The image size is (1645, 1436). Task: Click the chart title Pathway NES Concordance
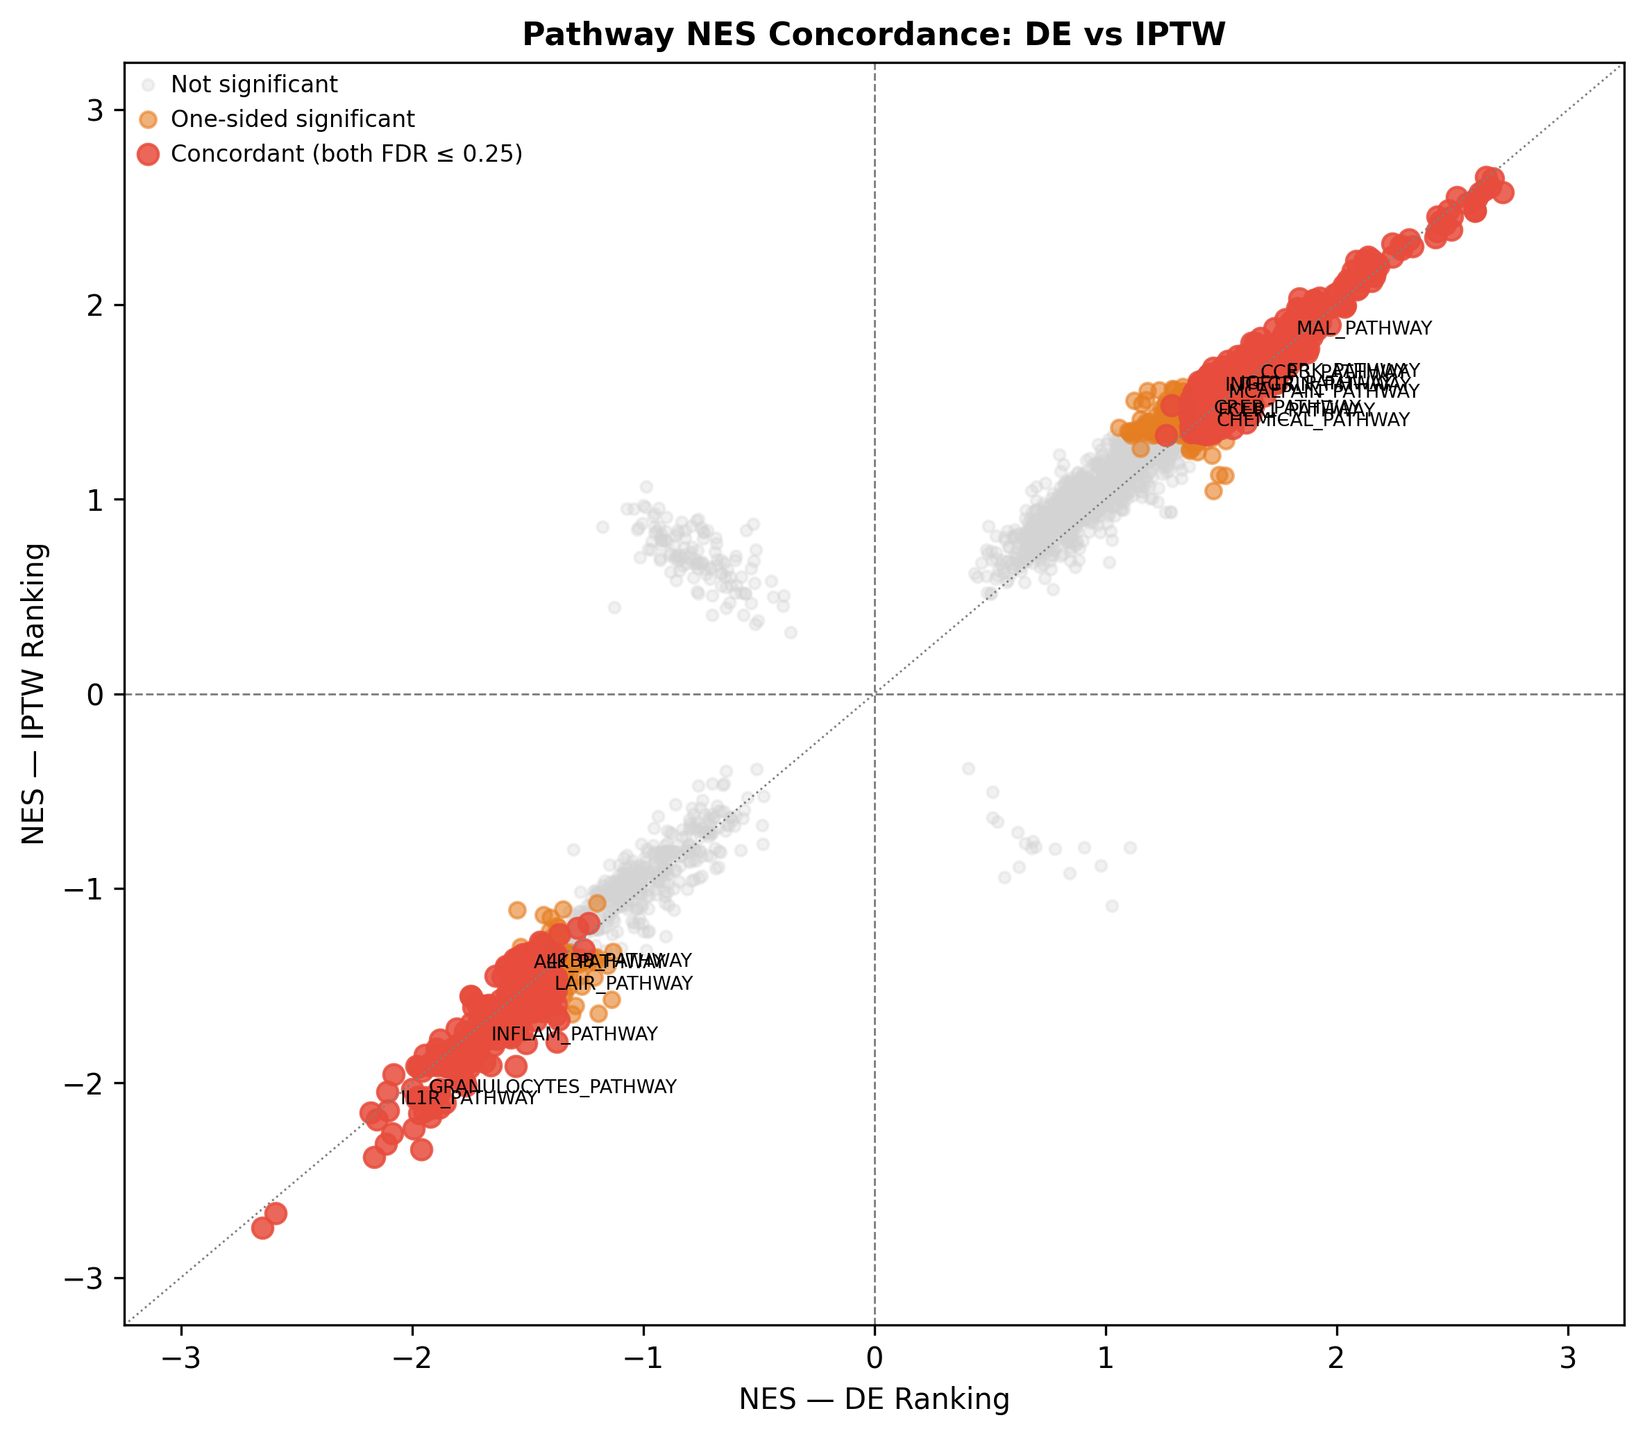pos(873,35)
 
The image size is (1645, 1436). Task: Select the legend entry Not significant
pos(254,84)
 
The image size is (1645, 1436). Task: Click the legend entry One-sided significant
pos(292,119)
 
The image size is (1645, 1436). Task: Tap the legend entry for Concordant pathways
pos(346,154)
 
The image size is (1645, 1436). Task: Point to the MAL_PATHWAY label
pos(1364,328)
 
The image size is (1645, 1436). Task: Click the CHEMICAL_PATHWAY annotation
pos(1313,421)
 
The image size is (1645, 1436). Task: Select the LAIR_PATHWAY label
pos(623,983)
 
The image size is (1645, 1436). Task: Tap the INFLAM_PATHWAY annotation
pos(575,1035)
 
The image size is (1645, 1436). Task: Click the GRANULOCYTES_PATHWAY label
pos(553,1088)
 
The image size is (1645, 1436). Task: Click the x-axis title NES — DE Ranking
pos(873,1399)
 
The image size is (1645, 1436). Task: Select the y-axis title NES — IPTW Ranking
pos(33,694)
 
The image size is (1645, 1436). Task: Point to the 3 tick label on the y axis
pos(94,110)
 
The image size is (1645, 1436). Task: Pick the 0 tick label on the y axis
pos(94,694)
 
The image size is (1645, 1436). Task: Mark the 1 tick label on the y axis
pos(94,500)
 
